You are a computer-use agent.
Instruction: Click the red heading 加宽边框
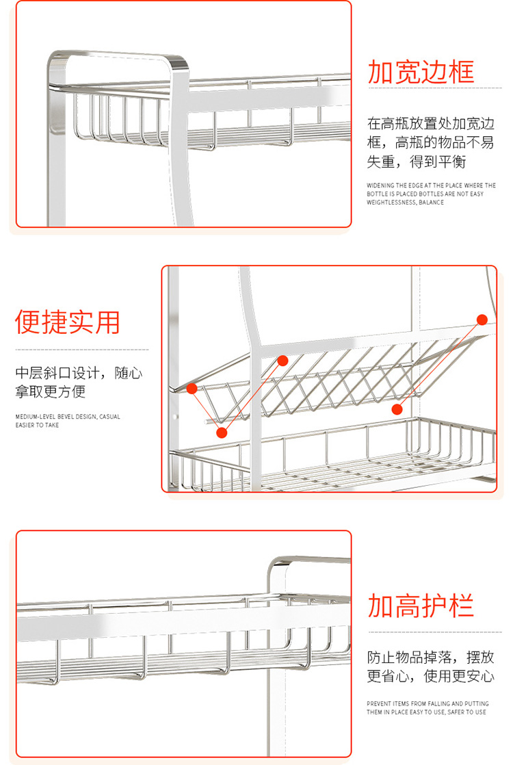point(421,73)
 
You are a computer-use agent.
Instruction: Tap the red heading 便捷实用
point(68,322)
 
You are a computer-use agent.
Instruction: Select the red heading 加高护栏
point(421,606)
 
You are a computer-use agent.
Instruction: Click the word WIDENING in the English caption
point(380,185)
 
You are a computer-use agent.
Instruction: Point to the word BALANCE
point(432,203)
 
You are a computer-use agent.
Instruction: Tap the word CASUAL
point(109,417)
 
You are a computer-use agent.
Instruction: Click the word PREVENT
point(379,703)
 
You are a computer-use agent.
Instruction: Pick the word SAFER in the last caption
point(456,712)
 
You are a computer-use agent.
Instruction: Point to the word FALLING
point(439,703)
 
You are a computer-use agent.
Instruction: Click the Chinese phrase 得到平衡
point(438,161)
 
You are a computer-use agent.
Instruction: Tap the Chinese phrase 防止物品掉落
point(410,657)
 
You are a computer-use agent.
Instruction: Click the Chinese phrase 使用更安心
point(460,676)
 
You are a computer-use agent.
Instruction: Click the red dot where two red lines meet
point(222,432)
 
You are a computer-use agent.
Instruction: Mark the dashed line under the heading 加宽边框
point(435,88)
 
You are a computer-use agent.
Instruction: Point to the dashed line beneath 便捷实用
point(82,350)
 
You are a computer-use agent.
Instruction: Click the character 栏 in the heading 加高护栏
point(461,606)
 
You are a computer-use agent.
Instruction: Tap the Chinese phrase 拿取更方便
point(50,391)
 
